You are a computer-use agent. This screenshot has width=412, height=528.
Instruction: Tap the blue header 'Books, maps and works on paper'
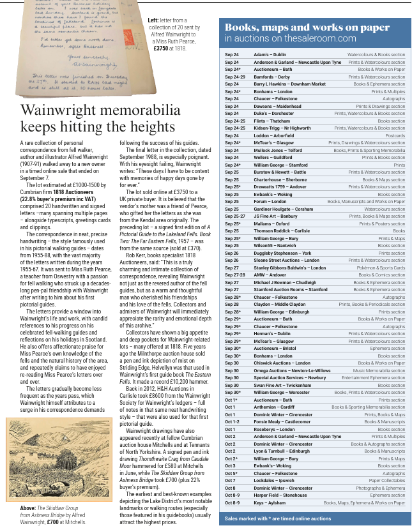pyautogui.click(x=307, y=27)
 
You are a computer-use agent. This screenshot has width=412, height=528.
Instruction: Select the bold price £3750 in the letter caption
pyautogui.click(x=162, y=47)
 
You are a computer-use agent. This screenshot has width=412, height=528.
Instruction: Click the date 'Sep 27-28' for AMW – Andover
pyautogui.click(x=236, y=275)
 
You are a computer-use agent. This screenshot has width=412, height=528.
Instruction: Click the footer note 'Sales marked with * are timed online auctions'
pyautogui.click(x=275, y=518)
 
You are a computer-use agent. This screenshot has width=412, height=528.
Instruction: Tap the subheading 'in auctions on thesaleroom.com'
pyautogui.click(x=290, y=38)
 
